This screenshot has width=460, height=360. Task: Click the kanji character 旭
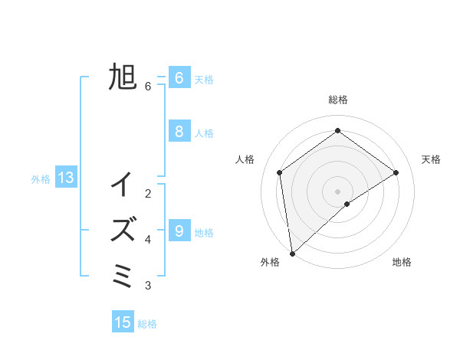pyautogui.click(x=123, y=77)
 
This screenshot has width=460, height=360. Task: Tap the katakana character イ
pyautogui.click(x=123, y=185)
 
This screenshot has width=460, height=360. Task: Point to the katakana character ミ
pyautogui.click(x=123, y=274)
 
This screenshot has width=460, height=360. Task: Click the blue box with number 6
pyautogui.click(x=179, y=77)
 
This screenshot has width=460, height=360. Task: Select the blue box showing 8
pyautogui.click(x=179, y=131)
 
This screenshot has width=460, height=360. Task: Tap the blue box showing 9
pyautogui.click(x=179, y=231)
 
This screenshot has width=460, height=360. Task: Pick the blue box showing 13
pyautogui.click(x=66, y=178)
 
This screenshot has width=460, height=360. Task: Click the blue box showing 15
pyautogui.click(x=123, y=322)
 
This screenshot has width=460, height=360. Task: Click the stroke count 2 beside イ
pyautogui.click(x=148, y=194)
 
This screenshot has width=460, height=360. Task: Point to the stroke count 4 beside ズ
pyautogui.click(x=148, y=240)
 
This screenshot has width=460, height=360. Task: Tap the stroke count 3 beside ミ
pyautogui.click(x=148, y=286)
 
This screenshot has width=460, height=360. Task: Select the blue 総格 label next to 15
pyautogui.click(x=147, y=324)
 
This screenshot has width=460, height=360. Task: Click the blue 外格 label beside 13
pyautogui.click(x=41, y=180)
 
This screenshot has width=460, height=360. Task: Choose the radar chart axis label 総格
pyautogui.click(x=338, y=100)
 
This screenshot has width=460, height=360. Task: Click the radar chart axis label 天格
pyautogui.click(x=431, y=159)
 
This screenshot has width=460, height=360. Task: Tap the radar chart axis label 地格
pyautogui.click(x=402, y=262)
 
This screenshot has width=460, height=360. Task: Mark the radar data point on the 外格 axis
pyautogui.click(x=291, y=254)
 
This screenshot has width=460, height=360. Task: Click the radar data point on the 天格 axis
pyautogui.click(x=396, y=172)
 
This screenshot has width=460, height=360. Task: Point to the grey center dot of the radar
pyautogui.click(x=338, y=191)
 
